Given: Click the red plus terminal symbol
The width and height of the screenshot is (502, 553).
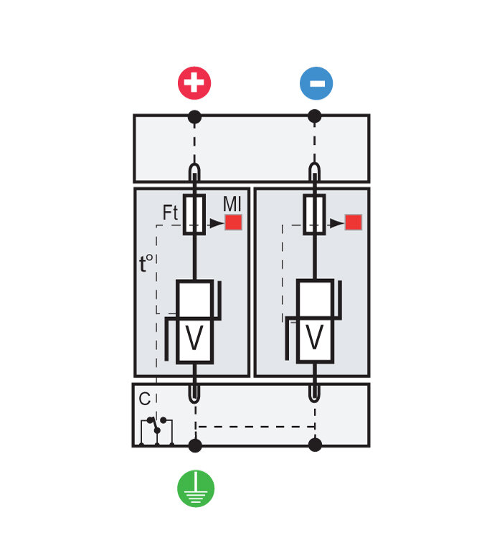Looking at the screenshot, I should click(194, 83).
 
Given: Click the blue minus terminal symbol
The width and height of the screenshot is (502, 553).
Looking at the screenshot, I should click(316, 83).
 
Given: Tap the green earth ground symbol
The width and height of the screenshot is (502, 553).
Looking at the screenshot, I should click(195, 488).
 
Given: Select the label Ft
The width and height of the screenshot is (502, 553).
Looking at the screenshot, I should click(170, 213).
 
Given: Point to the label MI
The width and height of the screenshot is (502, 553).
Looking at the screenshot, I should click(232, 204).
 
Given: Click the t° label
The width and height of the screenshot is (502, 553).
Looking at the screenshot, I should click(147, 264).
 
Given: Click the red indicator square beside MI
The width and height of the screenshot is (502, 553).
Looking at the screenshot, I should click(233, 222).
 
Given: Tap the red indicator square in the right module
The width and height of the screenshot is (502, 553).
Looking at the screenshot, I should click(353, 222).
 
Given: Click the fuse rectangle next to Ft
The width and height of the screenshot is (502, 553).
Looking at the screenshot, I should click(194, 214).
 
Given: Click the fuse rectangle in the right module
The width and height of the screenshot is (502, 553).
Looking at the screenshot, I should click(314, 214).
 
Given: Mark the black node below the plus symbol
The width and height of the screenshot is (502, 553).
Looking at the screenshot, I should click(194, 116).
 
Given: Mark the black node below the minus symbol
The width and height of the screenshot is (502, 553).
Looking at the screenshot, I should click(314, 116).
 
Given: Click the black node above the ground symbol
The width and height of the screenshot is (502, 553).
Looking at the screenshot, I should click(194, 445).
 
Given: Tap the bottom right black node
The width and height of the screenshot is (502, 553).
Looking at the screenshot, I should click(315, 445).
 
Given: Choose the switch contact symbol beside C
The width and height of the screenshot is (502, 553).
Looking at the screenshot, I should click(156, 425).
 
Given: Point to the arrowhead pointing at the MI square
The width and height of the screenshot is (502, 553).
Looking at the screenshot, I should click(217, 223).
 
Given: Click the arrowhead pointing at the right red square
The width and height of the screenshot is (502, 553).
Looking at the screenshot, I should click(336, 223).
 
